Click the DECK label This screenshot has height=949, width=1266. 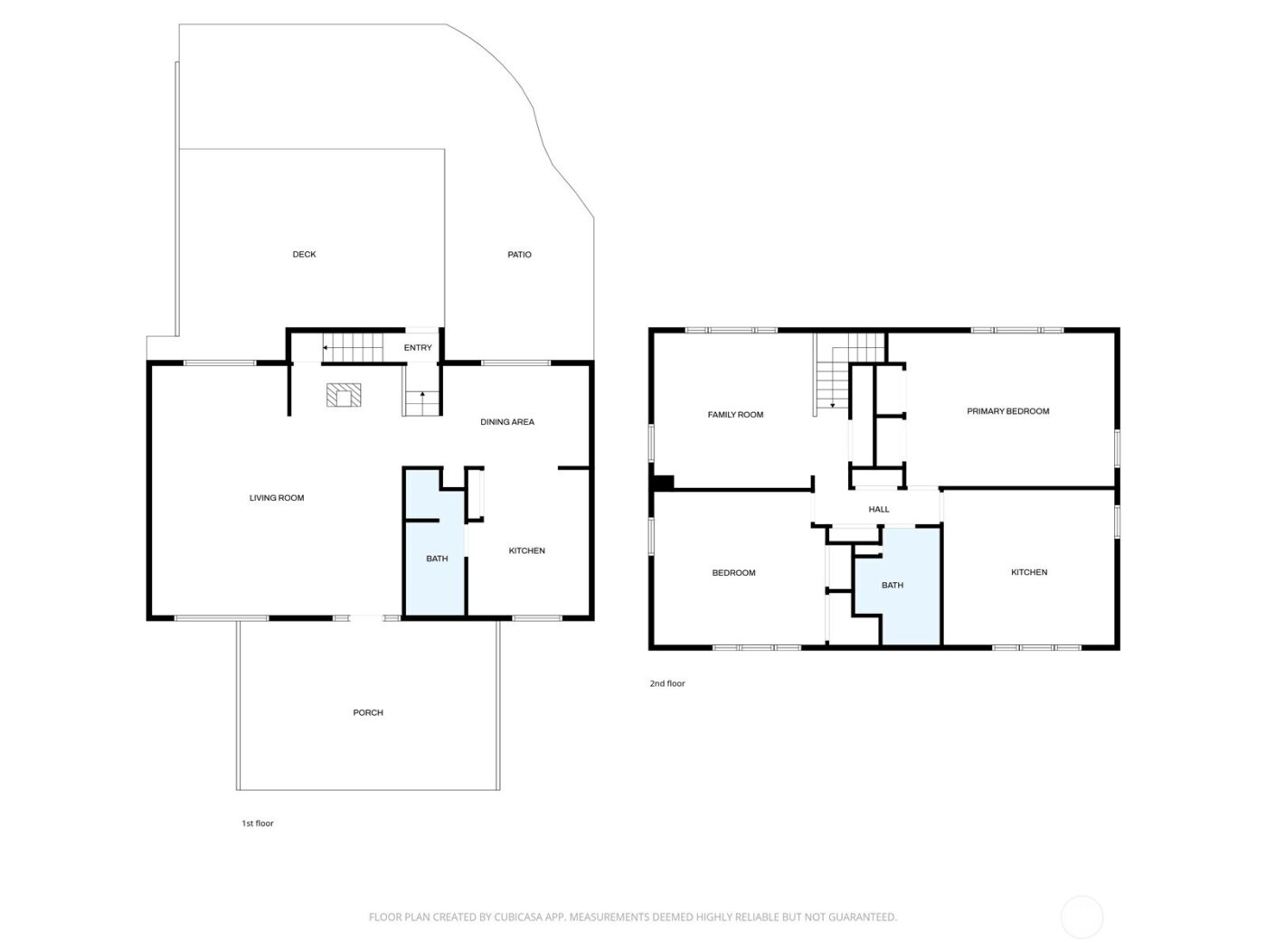(304, 254)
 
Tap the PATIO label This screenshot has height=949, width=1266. (519, 254)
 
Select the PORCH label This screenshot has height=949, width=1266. (368, 712)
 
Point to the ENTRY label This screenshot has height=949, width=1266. (418, 347)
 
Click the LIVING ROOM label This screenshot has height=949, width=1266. (277, 497)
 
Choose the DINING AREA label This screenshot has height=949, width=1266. (507, 421)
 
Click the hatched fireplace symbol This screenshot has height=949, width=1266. (344, 395)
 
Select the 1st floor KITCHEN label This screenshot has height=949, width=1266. (526, 550)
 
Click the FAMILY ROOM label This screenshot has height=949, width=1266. (735, 414)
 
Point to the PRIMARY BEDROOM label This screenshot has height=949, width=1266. (1007, 411)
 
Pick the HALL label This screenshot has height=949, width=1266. (878, 509)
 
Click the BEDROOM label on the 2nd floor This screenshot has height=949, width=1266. (733, 572)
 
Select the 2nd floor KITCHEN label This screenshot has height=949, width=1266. (1029, 571)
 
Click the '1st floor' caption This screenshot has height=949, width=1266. (257, 822)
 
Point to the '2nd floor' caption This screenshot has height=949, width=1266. (667, 682)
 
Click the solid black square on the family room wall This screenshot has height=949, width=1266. (664, 483)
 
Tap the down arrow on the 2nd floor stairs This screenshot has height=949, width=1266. (832, 404)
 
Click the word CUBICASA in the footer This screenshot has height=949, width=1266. (516, 916)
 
